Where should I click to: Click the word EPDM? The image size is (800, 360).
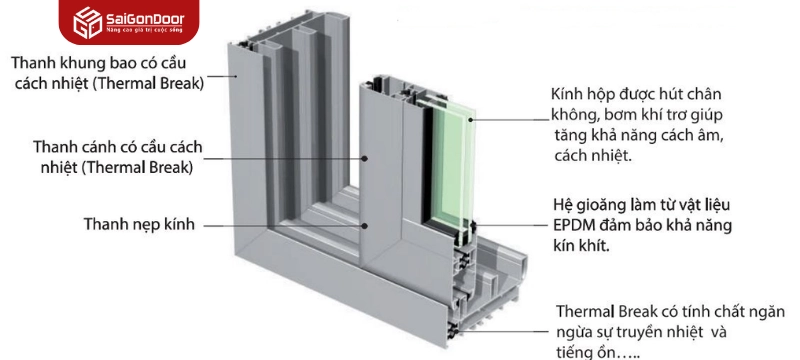574,223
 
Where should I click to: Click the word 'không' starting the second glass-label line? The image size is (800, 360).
575,114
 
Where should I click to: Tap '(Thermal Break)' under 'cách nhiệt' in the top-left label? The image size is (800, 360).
147,83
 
